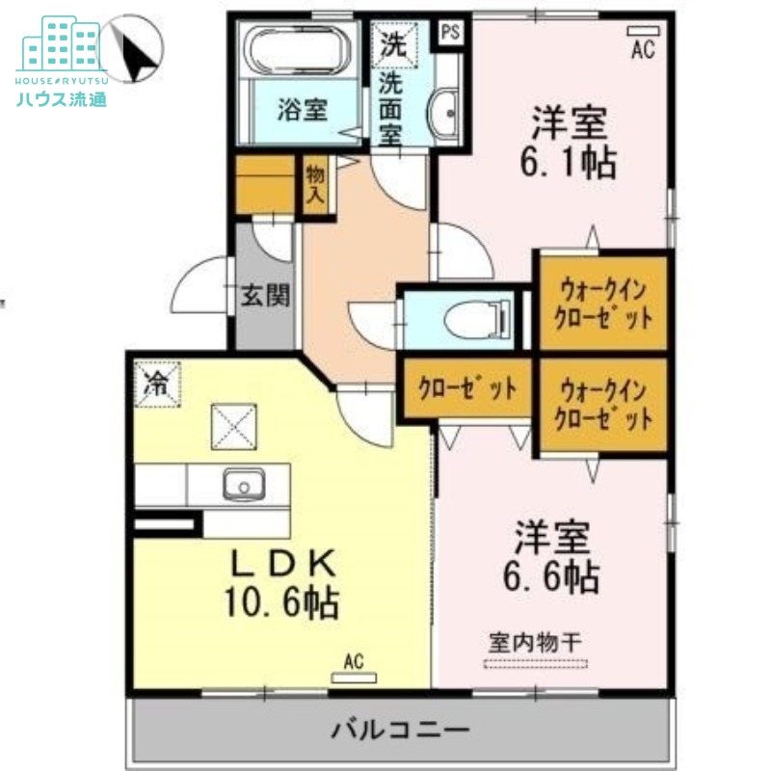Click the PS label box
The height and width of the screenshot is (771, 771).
click(450, 31)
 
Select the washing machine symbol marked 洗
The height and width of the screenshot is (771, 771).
click(395, 42)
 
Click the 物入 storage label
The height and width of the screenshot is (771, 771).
click(315, 186)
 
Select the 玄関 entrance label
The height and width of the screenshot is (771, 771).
click(265, 296)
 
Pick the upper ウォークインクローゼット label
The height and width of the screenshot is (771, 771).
click(601, 302)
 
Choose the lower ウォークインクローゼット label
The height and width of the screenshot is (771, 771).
click(601, 405)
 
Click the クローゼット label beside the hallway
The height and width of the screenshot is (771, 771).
click(466, 389)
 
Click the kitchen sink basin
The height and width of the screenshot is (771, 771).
click(245, 484)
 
